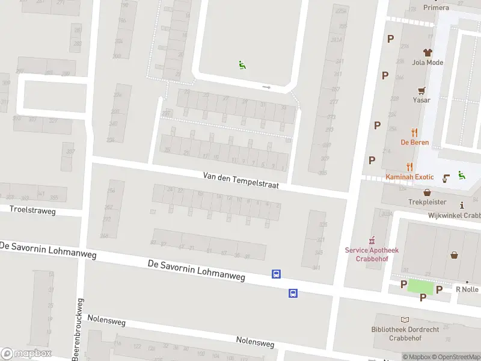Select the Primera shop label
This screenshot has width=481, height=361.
[436, 7]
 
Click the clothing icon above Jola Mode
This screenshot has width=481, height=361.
[427, 52]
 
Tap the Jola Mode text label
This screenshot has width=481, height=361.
[427, 63]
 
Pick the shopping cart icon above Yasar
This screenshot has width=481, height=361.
[422, 90]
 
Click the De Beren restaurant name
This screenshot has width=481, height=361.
[414, 143]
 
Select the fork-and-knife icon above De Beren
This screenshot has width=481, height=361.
[414, 132]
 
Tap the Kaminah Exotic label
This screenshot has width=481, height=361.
[409, 177]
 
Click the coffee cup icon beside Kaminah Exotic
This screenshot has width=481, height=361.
[446, 177]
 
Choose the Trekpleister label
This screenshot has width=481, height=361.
[427, 203]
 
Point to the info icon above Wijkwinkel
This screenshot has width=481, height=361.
[462, 205]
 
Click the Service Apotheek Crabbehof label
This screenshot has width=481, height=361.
[372, 254]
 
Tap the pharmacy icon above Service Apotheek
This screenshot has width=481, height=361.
[372, 239]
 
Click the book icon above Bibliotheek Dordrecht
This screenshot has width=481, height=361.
[405, 320]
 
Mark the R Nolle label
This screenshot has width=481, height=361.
[467, 289]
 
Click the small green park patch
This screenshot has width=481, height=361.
[420, 286]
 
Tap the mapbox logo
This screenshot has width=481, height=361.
[26, 354]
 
